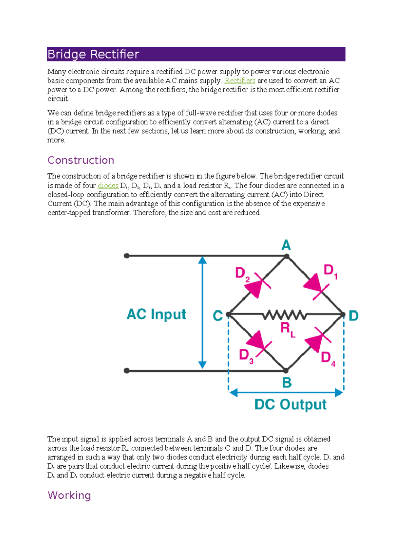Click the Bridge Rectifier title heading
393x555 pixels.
[x=93, y=54]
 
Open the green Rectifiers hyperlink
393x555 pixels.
[x=240, y=81]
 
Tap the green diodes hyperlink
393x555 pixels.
[x=108, y=186]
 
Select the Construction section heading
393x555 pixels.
[x=81, y=160]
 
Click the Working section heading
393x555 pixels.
[x=69, y=495]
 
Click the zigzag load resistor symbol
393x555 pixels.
[x=284, y=315]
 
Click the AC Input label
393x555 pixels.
[x=156, y=314]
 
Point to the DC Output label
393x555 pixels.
[x=290, y=405]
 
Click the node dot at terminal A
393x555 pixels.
[x=287, y=257]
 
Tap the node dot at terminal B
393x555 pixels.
[x=286, y=371]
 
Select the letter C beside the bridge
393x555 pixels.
[x=218, y=316]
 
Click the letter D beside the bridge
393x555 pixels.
[x=353, y=316]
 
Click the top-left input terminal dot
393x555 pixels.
[x=127, y=256]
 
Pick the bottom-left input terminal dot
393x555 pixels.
[x=127, y=371]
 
